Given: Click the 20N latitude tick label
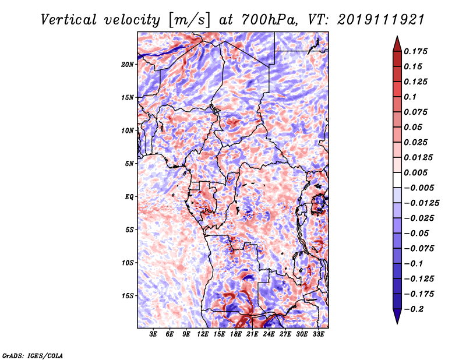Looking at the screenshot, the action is point(128,65).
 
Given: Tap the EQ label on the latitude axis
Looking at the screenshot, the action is point(129,197).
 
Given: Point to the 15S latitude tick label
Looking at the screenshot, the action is point(128,296).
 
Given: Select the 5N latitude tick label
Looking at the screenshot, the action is point(129,164).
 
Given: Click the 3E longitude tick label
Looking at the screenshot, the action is point(153,334).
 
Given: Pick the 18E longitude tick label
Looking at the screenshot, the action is point(236,334).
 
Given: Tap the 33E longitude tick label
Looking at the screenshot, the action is point(318,334).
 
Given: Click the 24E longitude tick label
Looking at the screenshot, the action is point(269,334).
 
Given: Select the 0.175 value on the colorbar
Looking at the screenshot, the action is point(415,51).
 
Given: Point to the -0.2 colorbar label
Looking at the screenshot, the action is point(414,309).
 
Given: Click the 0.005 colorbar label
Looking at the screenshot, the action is point(415,172).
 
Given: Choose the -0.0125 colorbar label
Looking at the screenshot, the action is point(421,203).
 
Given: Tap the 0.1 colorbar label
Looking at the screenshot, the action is point(410,97).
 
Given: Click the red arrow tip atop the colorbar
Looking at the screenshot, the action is point(397,36).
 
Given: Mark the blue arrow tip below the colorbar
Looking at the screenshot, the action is point(397,323).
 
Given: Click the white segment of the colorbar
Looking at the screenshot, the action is point(397,180).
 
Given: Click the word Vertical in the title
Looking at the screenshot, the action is point(69,20).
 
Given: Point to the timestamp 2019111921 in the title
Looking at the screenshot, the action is point(381,20).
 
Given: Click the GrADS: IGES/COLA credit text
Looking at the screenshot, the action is point(33,356).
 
